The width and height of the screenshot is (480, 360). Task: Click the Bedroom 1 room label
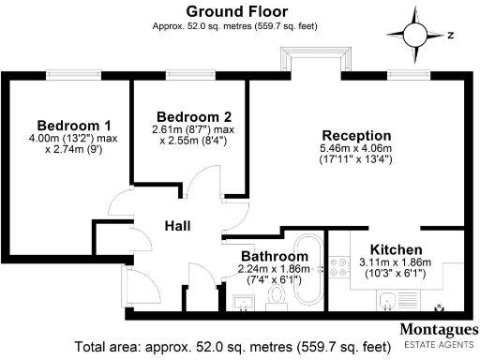tap(74, 127)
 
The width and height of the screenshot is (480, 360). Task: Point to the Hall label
tap(179, 226)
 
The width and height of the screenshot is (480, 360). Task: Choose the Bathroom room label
tap(274, 255)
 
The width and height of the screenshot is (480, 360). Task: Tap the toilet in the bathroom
tap(276, 298)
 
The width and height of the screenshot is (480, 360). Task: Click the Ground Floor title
tap(238, 10)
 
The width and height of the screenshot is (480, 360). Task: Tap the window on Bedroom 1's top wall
tap(70, 77)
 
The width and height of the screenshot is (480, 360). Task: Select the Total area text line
tap(226, 345)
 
